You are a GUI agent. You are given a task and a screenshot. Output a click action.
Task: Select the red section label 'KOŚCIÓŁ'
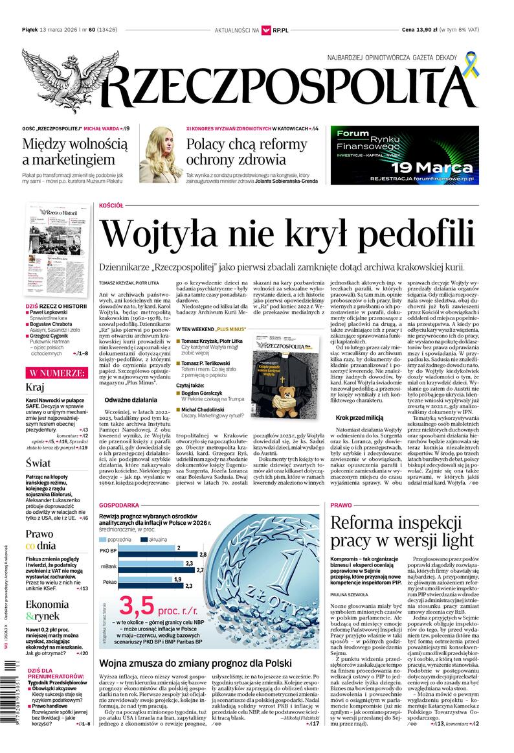[111, 205]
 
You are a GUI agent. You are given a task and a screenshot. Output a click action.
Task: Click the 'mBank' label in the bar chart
[108, 566]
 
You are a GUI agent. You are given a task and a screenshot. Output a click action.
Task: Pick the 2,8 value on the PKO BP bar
[203, 555]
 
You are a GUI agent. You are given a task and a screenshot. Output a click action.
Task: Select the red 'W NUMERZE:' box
[56, 373]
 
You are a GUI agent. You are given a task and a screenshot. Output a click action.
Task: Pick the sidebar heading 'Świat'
[38, 463]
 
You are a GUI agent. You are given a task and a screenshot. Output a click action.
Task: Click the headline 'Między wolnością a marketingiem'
[69, 152]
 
